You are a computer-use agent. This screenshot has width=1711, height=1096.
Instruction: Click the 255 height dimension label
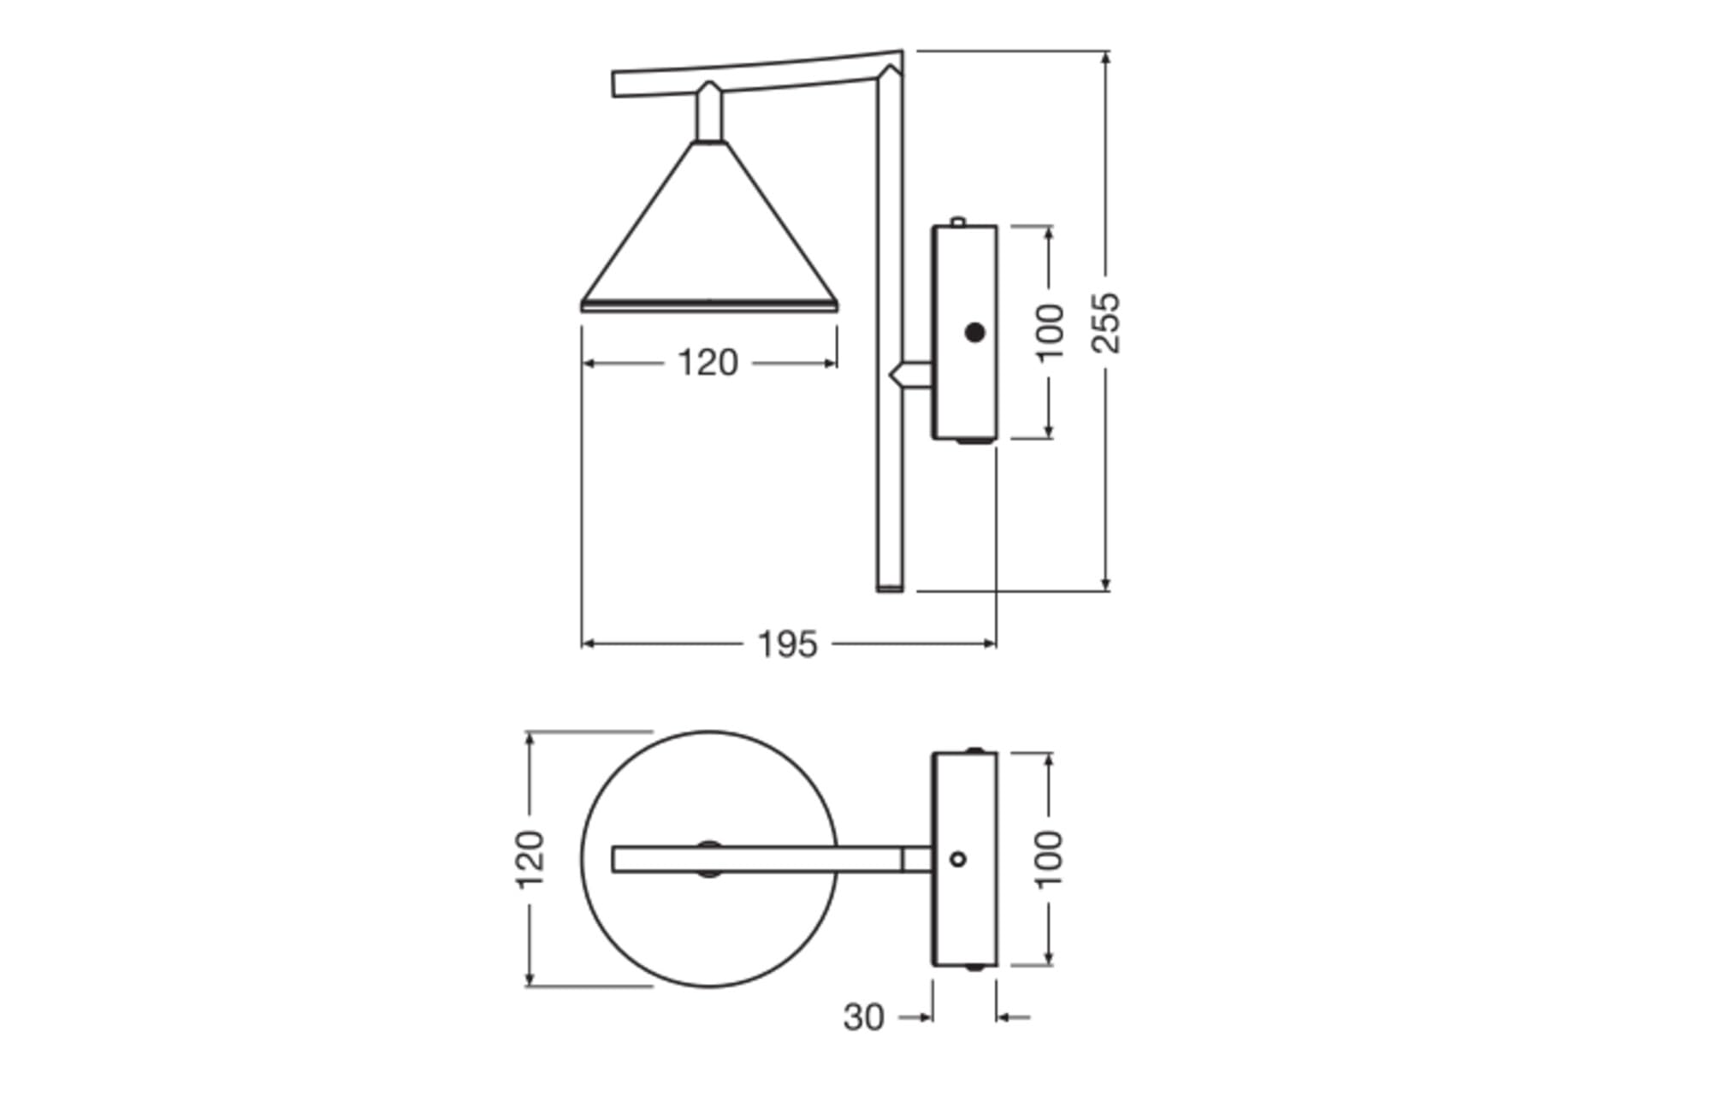pyautogui.click(x=1106, y=323)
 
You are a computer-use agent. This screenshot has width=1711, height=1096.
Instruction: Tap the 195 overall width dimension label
pyautogui.click(x=788, y=644)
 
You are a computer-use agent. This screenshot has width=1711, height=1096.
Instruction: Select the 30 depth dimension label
pyautogui.click(x=863, y=1017)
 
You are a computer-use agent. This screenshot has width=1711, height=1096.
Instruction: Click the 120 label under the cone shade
pyautogui.click(x=707, y=363)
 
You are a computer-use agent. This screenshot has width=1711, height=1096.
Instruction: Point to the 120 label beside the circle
pyautogui.click(x=530, y=859)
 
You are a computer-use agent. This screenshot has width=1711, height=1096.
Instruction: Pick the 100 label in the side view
pyautogui.click(x=1050, y=333)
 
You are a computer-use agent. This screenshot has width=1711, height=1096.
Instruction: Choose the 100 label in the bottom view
pyautogui.click(x=1049, y=859)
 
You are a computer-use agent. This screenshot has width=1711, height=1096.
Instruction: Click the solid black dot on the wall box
pyautogui.click(x=974, y=332)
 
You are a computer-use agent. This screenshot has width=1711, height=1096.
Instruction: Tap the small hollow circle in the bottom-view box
pyautogui.click(x=958, y=858)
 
